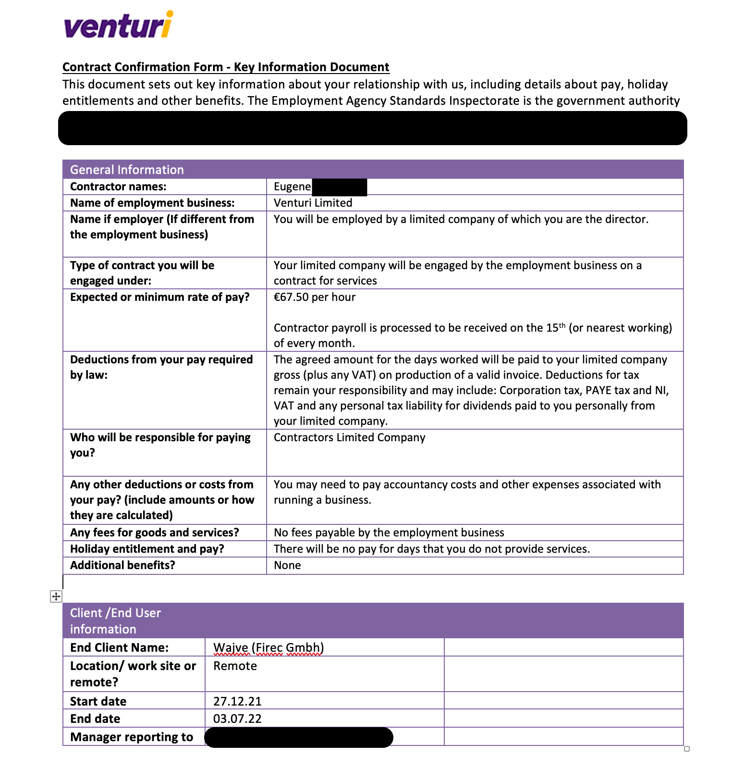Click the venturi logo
[x=118, y=25]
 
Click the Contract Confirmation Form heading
[x=226, y=67]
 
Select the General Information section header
[x=127, y=170]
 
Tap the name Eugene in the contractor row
[x=293, y=186]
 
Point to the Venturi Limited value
[x=313, y=203]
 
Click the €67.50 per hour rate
[x=315, y=297]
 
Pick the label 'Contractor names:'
[x=118, y=186]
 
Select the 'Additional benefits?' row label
[x=122, y=565]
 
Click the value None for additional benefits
[x=287, y=565]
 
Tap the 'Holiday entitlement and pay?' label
[x=147, y=549]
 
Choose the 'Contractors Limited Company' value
[x=349, y=437]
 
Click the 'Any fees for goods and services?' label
[x=154, y=533]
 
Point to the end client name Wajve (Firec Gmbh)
[x=268, y=647]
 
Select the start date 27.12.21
[x=237, y=701]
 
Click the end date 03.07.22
[x=237, y=719]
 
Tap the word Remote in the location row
[x=235, y=666]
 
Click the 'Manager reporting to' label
[x=132, y=737]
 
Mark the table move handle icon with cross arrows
[x=56, y=596]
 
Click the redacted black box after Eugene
[x=339, y=187]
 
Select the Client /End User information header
[x=115, y=620]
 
